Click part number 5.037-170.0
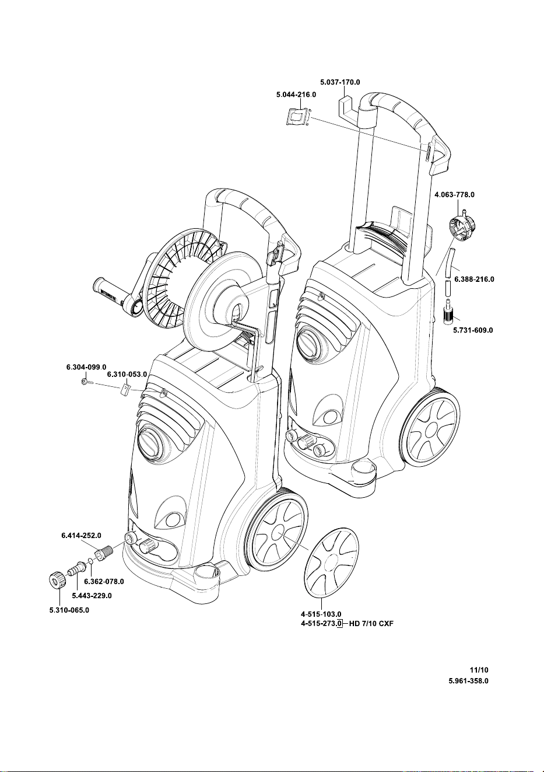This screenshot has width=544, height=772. point(340,82)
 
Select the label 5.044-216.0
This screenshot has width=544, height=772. point(296,95)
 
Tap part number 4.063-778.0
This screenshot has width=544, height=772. point(454,195)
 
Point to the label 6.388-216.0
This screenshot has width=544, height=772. point(474,279)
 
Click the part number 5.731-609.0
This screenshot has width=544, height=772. point(473,330)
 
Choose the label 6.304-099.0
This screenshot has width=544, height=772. point(86,367)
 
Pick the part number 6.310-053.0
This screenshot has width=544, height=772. point(127,374)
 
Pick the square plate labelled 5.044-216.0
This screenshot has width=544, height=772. point(297,117)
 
